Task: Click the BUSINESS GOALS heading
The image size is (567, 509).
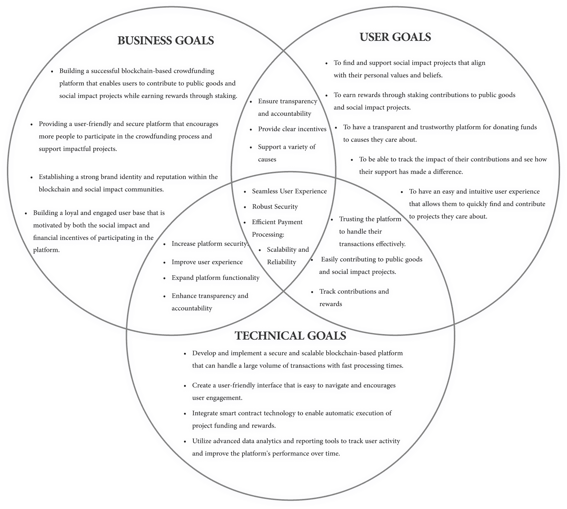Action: (x=166, y=41)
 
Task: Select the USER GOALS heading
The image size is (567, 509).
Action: (x=395, y=37)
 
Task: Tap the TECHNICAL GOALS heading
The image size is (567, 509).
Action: (x=290, y=336)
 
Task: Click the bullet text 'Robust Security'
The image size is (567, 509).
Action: (x=275, y=207)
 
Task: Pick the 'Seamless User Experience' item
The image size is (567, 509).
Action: (x=289, y=191)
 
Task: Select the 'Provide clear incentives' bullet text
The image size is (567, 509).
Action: (x=292, y=129)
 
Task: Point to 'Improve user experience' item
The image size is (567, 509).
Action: (x=207, y=262)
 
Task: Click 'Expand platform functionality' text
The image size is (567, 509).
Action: (x=216, y=278)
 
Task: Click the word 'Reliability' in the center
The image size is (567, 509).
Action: (x=282, y=262)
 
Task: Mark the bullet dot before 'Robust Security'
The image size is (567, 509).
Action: (x=245, y=207)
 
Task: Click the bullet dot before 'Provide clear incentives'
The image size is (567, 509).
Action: (x=251, y=130)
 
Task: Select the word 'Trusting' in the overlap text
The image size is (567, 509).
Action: (x=351, y=219)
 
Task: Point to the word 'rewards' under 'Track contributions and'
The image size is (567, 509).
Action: (x=331, y=304)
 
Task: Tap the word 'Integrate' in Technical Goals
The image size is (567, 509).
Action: (x=205, y=413)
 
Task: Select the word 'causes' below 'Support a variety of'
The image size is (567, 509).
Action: (x=267, y=160)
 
